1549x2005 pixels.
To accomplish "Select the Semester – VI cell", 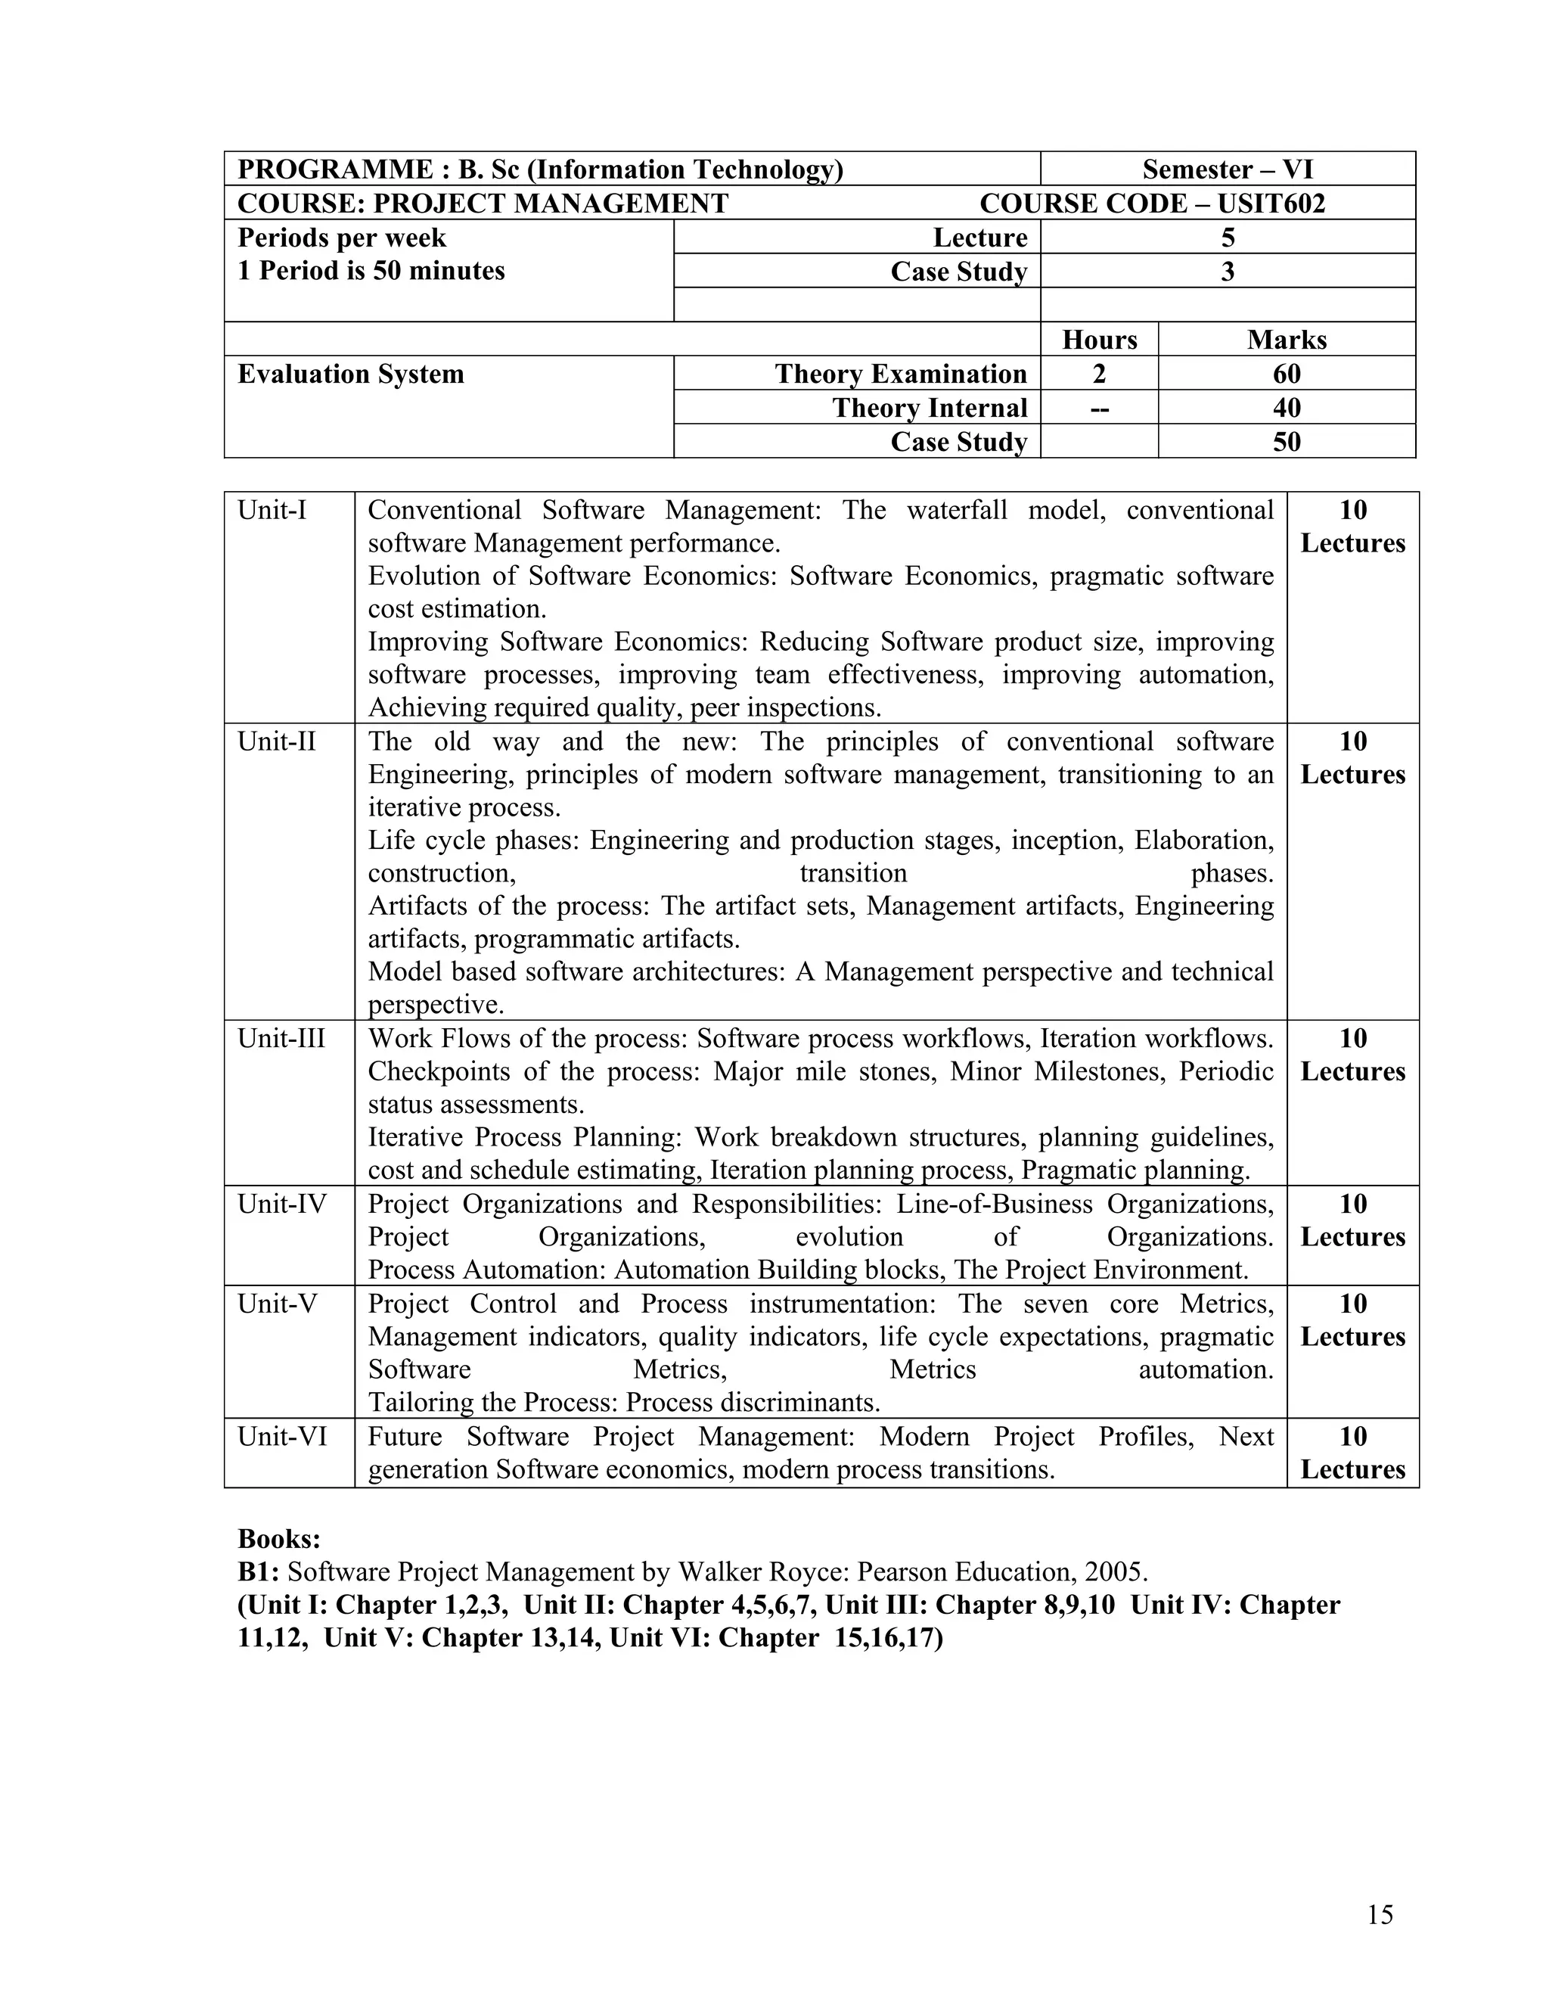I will pos(1227,169).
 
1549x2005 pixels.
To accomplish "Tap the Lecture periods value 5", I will pos(1227,238).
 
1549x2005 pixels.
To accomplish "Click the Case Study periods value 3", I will pos(1227,272).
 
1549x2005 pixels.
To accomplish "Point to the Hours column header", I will pos(1099,340).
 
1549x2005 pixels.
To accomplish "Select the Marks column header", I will pos(1286,340).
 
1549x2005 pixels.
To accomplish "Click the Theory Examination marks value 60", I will pos(1286,374).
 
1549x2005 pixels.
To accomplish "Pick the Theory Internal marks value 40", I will pos(1286,408).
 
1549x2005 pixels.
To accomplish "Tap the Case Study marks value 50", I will pos(1286,442).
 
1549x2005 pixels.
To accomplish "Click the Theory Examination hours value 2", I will pos(1099,374).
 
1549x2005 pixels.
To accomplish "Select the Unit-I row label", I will pos(272,509).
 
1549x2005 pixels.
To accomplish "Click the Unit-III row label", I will pos(281,1038).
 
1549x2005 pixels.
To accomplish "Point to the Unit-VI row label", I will pos(281,1436).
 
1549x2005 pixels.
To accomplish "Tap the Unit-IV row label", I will pos(281,1204).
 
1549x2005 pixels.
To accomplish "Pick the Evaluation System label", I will pos(350,374).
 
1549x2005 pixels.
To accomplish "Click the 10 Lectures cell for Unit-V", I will pos(1352,1320).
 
